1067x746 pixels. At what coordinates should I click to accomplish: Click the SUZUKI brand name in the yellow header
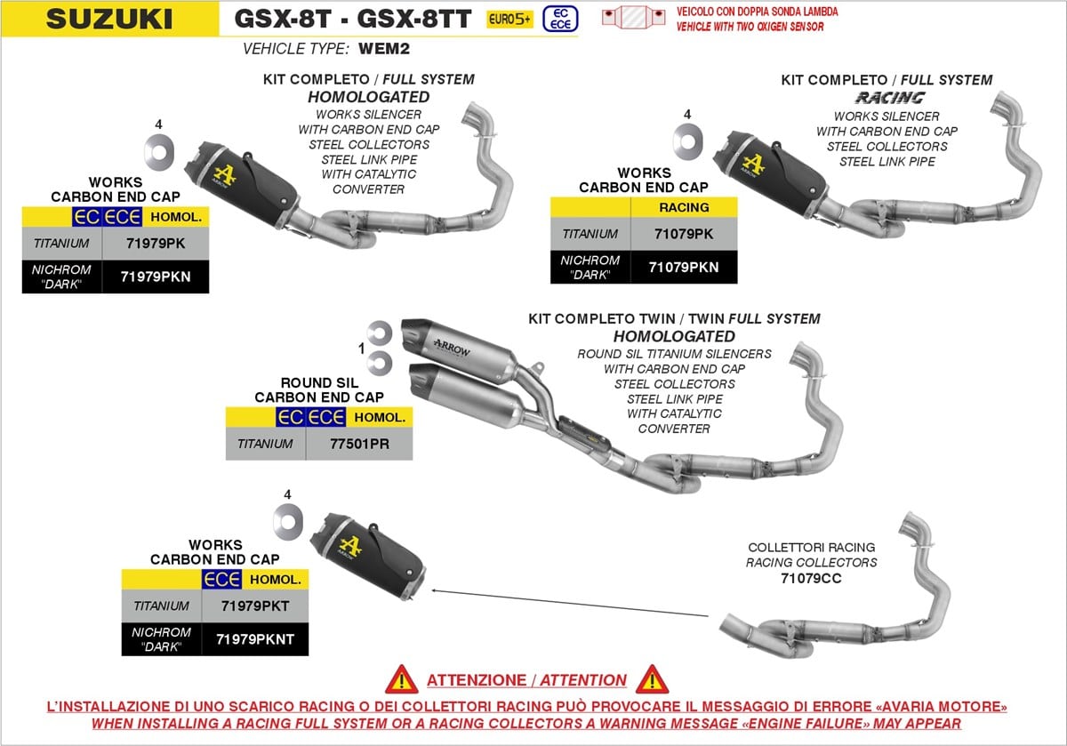tap(109, 19)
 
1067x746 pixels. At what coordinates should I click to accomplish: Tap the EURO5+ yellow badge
tap(509, 19)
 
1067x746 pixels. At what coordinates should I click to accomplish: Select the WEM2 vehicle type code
tap(384, 49)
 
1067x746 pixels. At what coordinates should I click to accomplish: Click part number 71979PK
tap(156, 244)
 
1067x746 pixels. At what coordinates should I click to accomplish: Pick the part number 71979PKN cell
tap(156, 277)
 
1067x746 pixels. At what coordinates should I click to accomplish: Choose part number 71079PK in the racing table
tap(684, 234)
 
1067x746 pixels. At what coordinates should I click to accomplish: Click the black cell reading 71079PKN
tap(684, 268)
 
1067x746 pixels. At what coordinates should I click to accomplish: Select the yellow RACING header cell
tap(684, 207)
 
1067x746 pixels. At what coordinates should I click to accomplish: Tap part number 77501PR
tap(359, 444)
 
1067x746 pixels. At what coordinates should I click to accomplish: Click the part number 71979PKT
tap(255, 606)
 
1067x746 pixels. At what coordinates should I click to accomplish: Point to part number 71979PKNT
tap(255, 639)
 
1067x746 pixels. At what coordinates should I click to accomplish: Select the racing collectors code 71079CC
tap(811, 578)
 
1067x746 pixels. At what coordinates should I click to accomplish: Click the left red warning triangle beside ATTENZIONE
tap(402, 680)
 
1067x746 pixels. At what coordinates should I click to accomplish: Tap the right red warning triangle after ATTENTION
tap(652, 680)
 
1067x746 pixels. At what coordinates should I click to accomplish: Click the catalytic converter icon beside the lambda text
tap(633, 18)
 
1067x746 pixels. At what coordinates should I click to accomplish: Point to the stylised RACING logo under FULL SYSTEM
tap(890, 98)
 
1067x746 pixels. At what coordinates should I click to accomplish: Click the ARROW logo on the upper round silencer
tap(451, 349)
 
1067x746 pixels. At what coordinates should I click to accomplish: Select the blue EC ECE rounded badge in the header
tap(560, 19)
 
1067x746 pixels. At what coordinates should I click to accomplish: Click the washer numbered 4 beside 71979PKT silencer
tap(288, 522)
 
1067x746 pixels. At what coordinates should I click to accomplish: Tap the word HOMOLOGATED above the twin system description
tap(674, 337)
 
